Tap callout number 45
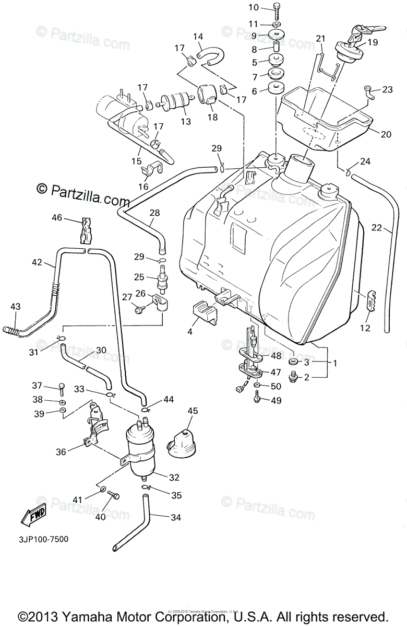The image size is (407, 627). [x=193, y=411]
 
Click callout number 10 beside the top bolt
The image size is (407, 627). [x=254, y=7]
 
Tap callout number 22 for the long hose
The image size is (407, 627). [x=377, y=228]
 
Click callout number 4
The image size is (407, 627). [x=190, y=331]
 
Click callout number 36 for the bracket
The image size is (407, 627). [x=61, y=452]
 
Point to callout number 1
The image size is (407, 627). [x=335, y=362]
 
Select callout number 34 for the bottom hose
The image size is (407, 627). [x=176, y=517]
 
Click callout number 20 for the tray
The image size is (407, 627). [x=386, y=134]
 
